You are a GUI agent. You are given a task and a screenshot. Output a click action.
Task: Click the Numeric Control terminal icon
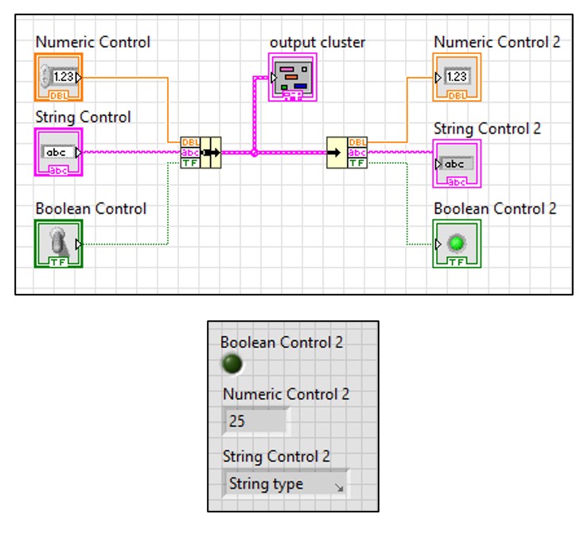point(59,78)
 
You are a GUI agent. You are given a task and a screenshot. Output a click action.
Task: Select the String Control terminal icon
point(59,152)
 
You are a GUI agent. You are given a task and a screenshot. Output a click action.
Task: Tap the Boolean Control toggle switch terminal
point(59,244)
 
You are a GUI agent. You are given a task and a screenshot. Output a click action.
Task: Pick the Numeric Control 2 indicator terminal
point(457,78)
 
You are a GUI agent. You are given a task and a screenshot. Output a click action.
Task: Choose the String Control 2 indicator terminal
point(457,164)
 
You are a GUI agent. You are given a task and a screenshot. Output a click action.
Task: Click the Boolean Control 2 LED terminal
point(457,244)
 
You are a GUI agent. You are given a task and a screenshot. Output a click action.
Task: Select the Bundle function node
point(201,152)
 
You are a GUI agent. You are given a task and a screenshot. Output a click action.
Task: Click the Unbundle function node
point(347,152)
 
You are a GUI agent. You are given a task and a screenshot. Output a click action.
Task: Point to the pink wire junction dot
point(254,152)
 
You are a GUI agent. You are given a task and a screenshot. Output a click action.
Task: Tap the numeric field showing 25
point(255,421)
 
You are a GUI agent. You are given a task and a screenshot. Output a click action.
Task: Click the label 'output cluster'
point(317,42)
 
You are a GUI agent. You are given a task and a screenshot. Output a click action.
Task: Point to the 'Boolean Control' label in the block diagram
point(91,208)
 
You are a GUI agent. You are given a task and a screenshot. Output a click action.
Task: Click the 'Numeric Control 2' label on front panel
point(286,393)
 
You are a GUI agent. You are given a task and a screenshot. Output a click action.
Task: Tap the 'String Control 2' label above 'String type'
point(275,456)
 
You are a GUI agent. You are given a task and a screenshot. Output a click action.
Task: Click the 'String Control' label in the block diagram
point(84,117)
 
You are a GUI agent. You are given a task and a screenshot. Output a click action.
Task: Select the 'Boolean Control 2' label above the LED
point(282,342)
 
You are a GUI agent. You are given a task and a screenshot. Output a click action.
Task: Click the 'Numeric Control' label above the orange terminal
point(92,42)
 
